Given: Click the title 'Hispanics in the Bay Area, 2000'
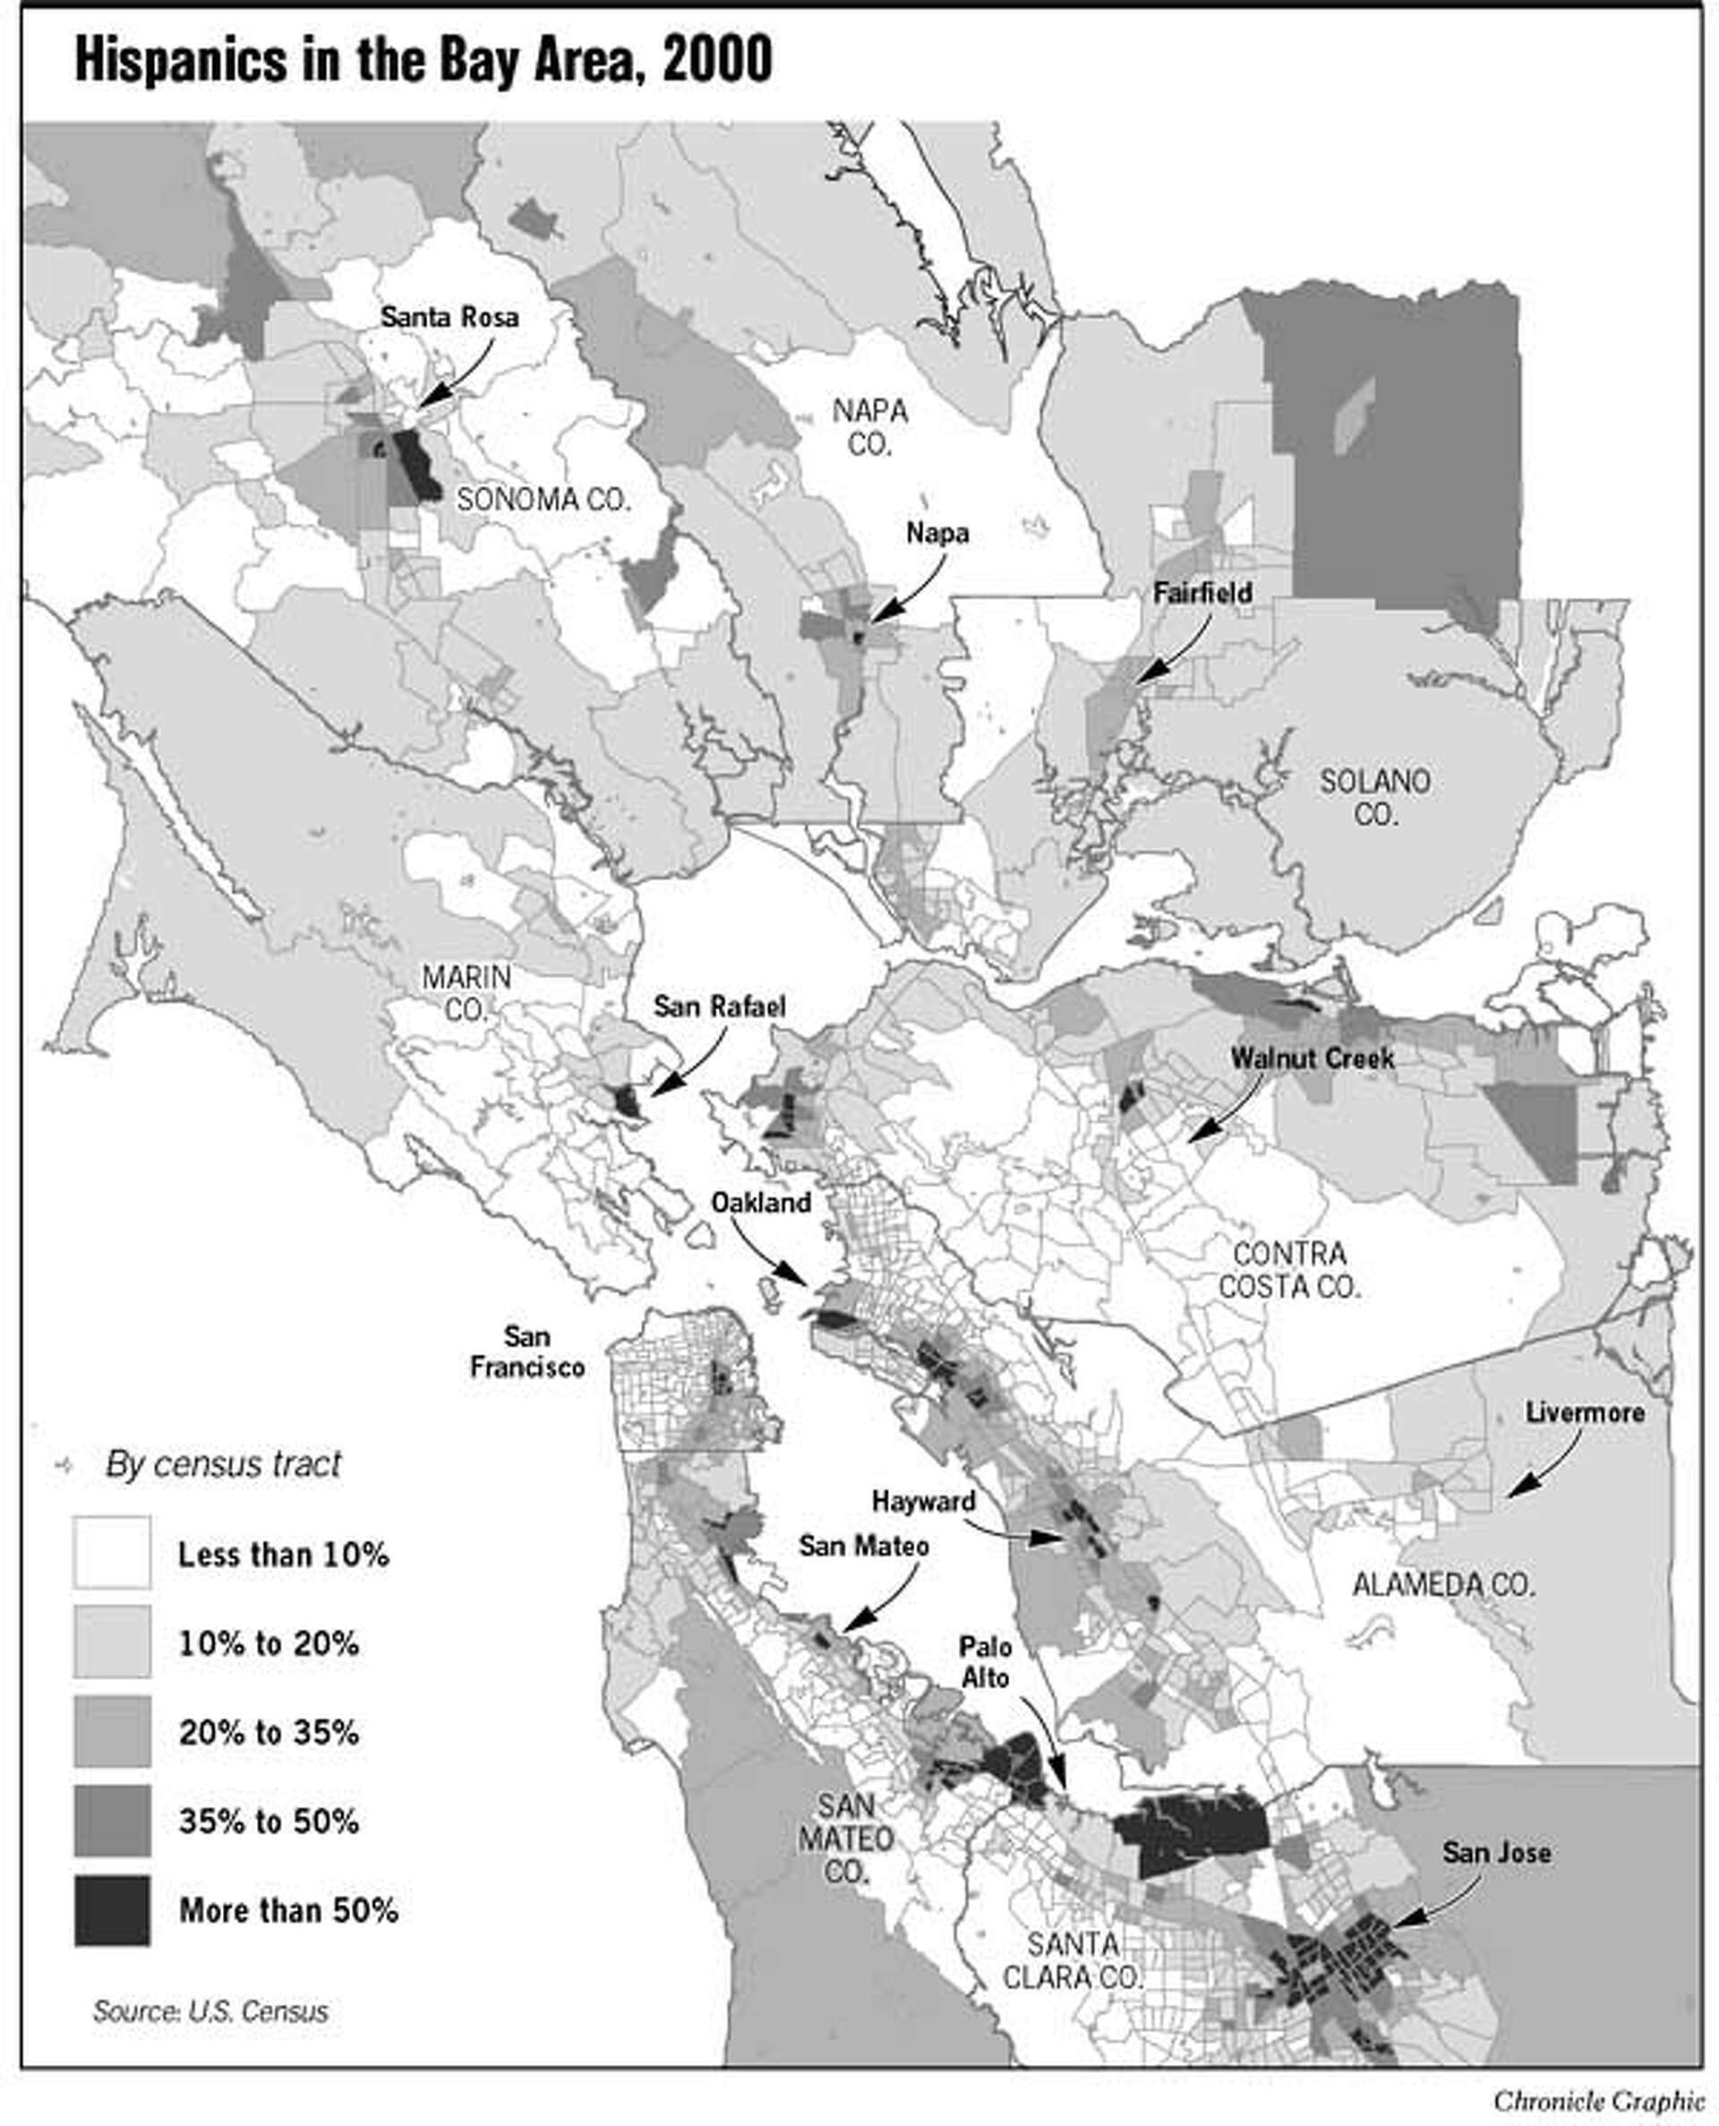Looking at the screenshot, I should click(423, 63).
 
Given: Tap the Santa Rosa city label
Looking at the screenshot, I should click(449, 318).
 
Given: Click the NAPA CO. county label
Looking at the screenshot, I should click(869, 427).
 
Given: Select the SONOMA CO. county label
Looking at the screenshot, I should click(543, 499).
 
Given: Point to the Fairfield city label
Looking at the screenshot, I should click(1202, 593).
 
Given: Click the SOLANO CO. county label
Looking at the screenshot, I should click(1374, 797).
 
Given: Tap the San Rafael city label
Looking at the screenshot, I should click(719, 1007).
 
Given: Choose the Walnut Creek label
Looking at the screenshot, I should click(1312, 1058).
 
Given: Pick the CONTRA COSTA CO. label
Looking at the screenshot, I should click(1289, 1271).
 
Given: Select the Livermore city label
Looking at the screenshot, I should click(1585, 1413).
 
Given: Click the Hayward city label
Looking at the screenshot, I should click(923, 1501).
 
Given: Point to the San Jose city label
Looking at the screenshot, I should click(1495, 1853).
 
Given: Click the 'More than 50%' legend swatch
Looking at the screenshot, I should click(112, 1910).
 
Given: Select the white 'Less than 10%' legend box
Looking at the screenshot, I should click(112, 1553).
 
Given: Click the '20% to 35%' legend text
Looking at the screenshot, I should click(269, 1733).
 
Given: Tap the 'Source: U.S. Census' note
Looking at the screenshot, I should click(210, 2011).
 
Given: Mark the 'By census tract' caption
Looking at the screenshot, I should click(223, 1463).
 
